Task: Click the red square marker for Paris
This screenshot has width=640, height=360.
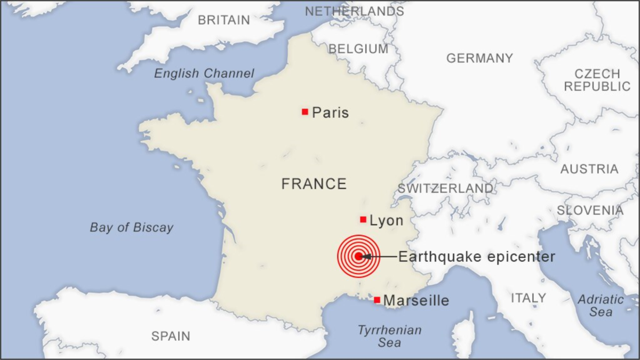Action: [x=305, y=112]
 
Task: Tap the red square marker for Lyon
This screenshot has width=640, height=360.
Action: [x=363, y=220]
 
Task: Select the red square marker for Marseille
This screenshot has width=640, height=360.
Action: [x=377, y=300]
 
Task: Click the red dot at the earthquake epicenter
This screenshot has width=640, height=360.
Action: [x=358, y=257]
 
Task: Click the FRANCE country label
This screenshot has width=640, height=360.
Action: [x=314, y=185]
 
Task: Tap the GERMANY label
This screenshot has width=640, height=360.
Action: [x=479, y=58]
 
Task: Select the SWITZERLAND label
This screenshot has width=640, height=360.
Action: [x=445, y=189]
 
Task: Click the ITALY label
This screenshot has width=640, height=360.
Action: [x=528, y=298]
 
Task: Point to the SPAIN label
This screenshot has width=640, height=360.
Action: [x=171, y=336]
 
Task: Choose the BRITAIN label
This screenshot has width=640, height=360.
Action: [x=223, y=20]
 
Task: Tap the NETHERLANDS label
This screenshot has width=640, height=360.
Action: [x=354, y=11]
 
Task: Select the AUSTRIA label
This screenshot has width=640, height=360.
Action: [x=589, y=170]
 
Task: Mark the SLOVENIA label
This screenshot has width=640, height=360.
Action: [x=590, y=211]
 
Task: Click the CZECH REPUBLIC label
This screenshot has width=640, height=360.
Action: [x=597, y=80]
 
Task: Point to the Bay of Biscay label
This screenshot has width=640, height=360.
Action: [x=131, y=228]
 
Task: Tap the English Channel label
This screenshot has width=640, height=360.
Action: [x=204, y=74]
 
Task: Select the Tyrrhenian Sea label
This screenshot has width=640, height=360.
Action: [x=389, y=337]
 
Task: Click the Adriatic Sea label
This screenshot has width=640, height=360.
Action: [x=601, y=306]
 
